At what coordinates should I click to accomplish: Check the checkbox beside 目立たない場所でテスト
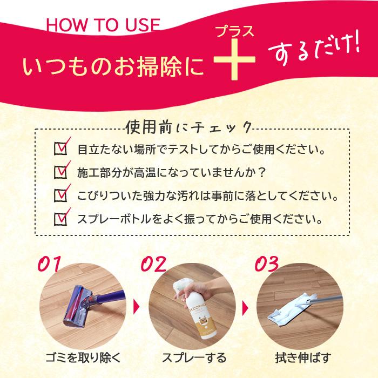[x=61, y=148]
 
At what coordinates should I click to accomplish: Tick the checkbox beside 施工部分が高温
[x=61, y=172]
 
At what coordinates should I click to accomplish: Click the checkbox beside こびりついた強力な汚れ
[x=61, y=195]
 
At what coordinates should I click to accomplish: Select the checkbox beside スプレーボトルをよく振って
[x=61, y=219]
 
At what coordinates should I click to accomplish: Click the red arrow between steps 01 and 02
[x=136, y=309]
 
